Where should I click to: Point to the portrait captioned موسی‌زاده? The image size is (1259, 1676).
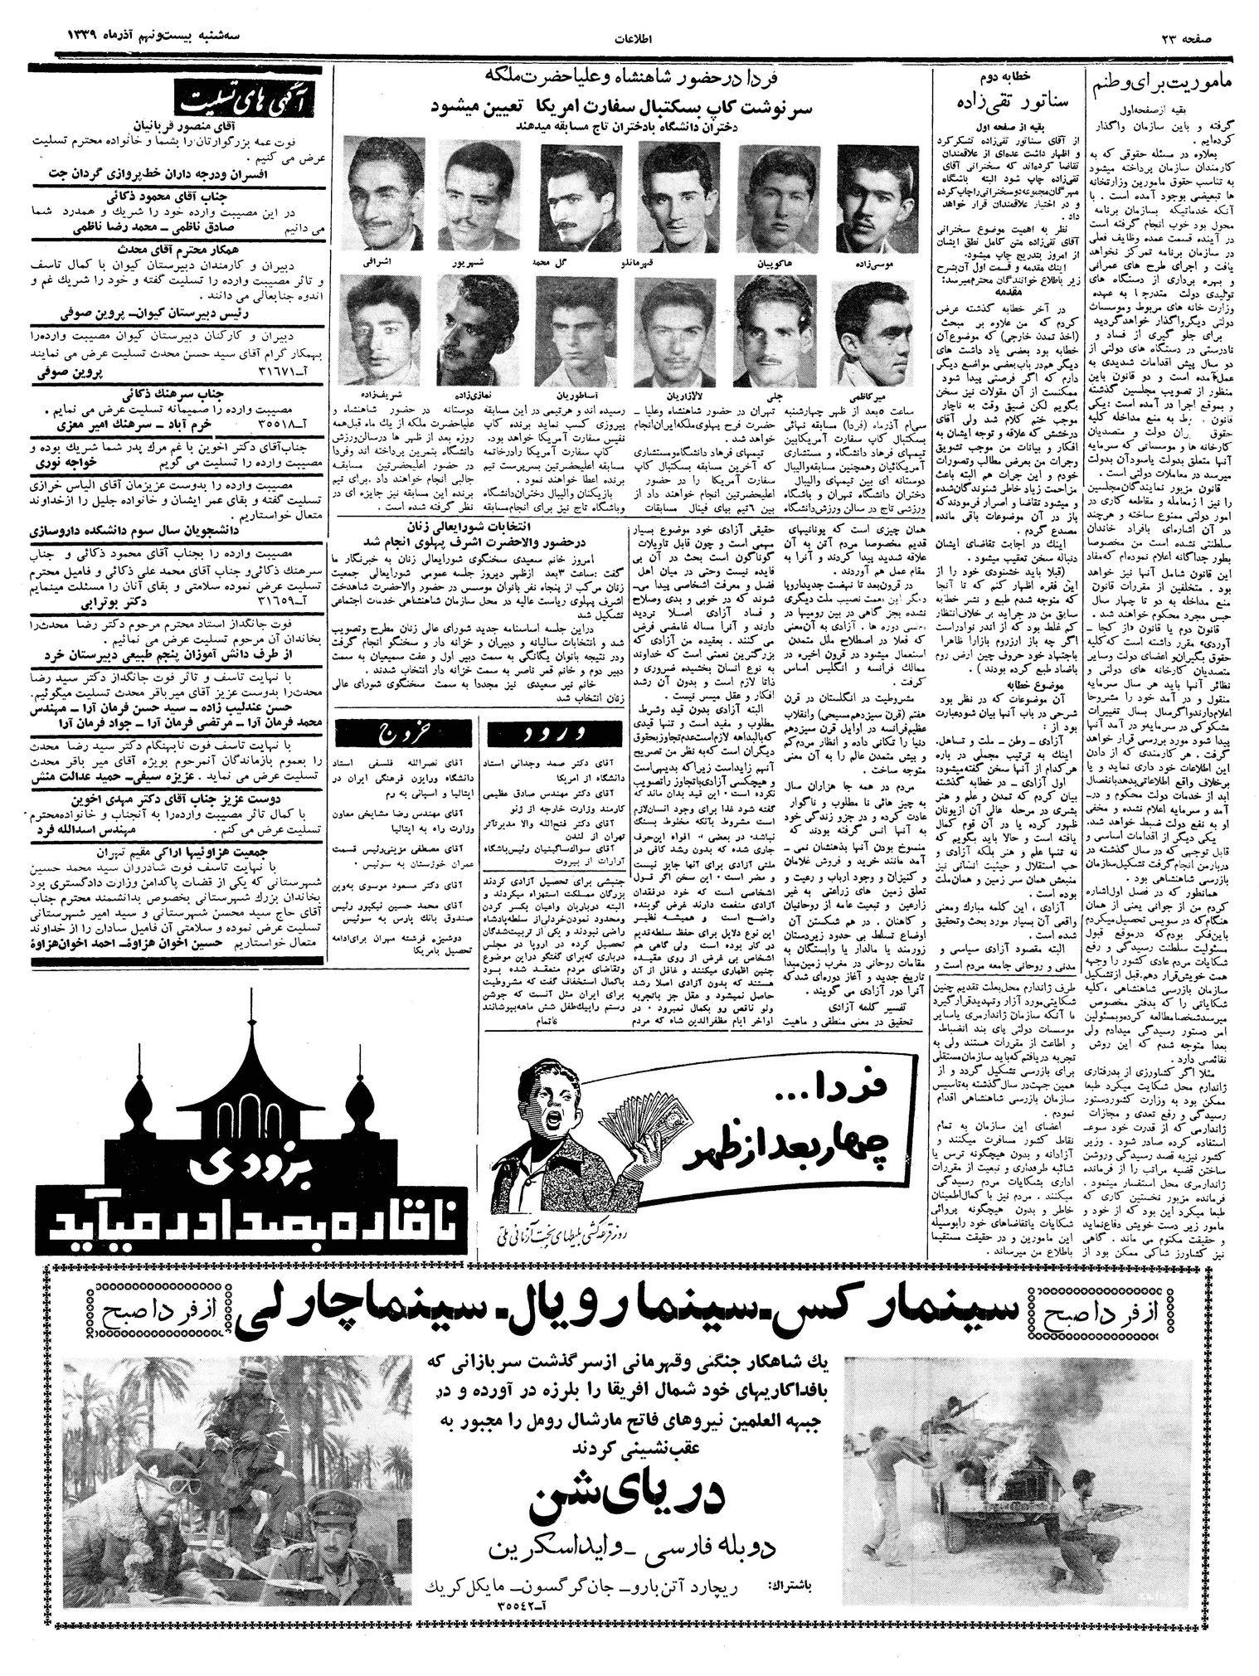pyautogui.click(x=877, y=192)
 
